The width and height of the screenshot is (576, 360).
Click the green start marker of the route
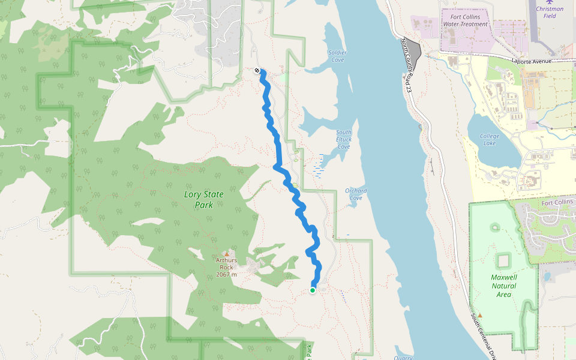pos(313,290)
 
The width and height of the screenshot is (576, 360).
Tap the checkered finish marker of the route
pos(257,71)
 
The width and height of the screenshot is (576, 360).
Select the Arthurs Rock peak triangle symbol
pos(227,254)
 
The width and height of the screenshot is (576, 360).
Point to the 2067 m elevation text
pos(226,274)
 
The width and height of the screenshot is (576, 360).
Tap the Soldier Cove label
pos(337,56)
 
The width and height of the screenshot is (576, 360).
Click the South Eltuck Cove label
pos(344,139)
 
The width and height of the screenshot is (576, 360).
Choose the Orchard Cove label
pos(356,194)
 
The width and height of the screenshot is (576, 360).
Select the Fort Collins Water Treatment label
pos(465,20)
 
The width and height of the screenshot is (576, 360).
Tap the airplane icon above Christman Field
pos(549,2)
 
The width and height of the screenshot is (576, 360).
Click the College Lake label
pos(490,139)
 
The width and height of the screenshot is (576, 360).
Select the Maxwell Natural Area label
pos(503,286)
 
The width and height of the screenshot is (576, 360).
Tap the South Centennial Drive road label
pos(482,336)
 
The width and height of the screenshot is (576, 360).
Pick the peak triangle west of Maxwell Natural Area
pos(479,314)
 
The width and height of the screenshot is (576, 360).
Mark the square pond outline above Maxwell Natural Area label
pos(503,260)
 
